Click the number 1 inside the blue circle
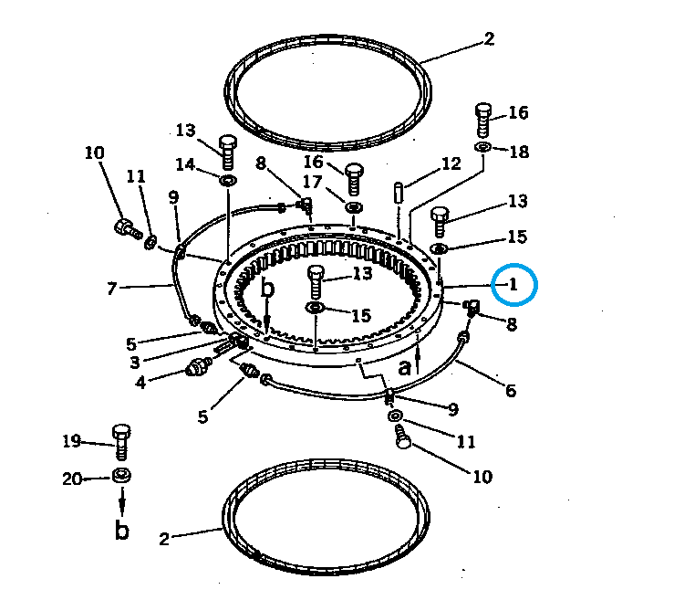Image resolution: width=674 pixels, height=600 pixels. pyautogui.click(x=513, y=284)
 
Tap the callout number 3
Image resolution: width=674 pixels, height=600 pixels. pyautogui.click(x=135, y=363)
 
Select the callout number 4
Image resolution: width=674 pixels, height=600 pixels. pyautogui.click(x=140, y=383)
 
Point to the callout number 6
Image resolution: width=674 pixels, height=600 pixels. pyautogui.click(x=510, y=390)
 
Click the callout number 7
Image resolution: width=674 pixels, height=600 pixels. pyautogui.click(x=112, y=289)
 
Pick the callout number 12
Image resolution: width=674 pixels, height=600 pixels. pyautogui.click(x=451, y=163)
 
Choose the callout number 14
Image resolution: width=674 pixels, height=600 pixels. pyautogui.click(x=185, y=164)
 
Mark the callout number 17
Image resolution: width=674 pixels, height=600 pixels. pyautogui.click(x=313, y=182)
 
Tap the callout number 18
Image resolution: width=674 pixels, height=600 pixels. pyautogui.click(x=519, y=152)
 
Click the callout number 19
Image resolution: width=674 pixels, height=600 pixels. pyautogui.click(x=72, y=441)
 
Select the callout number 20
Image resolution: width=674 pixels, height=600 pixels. pyautogui.click(x=72, y=479)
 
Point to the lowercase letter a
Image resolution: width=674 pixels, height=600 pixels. pyautogui.click(x=404, y=368)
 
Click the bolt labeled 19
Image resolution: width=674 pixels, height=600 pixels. pyautogui.click(x=121, y=442)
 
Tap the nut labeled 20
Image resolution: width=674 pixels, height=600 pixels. pyautogui.click(x=121, y=476)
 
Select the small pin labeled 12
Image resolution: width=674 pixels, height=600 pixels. pyautogui.click(x=399, y=193)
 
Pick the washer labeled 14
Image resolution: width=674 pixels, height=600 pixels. pyautogui.click(x=228, y=180)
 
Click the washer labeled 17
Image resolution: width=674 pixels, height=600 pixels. pyautogui.click(x=354, y=207)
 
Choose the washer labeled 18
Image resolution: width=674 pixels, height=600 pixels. pyautogui.click(x=483, y=147)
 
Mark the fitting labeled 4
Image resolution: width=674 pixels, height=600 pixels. pyautogui.click(x=198, y=367)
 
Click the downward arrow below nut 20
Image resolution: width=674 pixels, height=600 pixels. pyautogui.click(x=122, y=501)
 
